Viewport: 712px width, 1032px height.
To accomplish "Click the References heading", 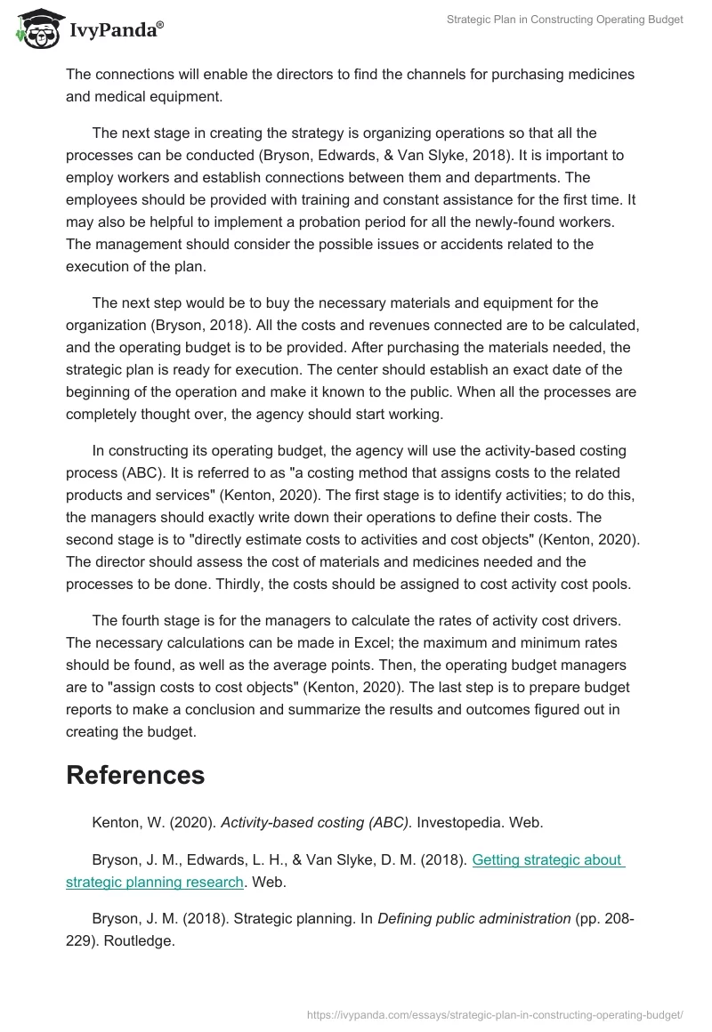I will [135, 775].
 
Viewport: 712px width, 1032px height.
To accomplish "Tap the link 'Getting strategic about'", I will [547, 859].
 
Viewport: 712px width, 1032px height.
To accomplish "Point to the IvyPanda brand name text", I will [116, 28].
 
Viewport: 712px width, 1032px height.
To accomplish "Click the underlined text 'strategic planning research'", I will [155, 882].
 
